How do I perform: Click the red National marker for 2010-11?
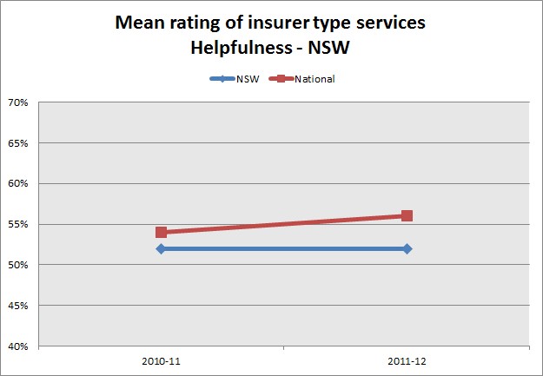[161, 232]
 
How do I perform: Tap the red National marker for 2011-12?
[407, 215]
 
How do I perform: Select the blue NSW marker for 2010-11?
[161, 248]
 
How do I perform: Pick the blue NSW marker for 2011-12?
[407, 248]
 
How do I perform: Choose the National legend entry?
[313, 79]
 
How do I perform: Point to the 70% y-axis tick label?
[18, 102]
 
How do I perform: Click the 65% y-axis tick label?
[18, 143]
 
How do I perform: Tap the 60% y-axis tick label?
[18, 183]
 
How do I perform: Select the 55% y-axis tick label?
[18, 224]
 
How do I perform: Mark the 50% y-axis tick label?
[18, 265]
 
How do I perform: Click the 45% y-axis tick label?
[18, 306]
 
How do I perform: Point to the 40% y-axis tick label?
[18, 346]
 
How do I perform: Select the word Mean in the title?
[139, 23]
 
